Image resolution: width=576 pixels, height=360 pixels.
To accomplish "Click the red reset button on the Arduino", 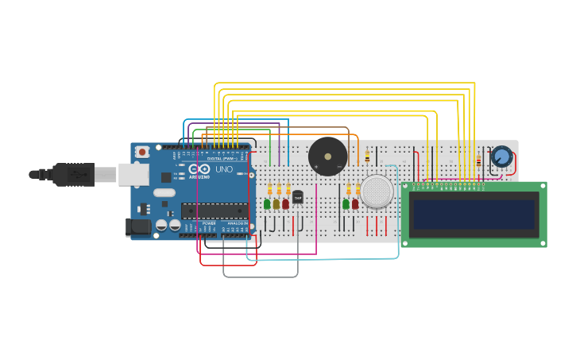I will tap(142, 151).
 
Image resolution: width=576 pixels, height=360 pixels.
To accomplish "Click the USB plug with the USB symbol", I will tap(74, 174).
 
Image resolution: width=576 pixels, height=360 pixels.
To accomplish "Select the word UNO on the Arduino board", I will tap(224, 169).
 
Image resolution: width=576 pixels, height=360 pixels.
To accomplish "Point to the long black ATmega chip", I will tap(214, 211).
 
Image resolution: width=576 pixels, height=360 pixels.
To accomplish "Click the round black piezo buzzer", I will tap(327, 156).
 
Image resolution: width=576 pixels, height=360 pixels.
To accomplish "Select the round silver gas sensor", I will tap(377, 192).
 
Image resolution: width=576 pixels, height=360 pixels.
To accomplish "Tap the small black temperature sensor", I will tap(298, 197).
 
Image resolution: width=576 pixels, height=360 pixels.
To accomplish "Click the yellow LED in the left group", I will tap(276, 204).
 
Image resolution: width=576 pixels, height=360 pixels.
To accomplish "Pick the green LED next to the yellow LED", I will tap(267, 204).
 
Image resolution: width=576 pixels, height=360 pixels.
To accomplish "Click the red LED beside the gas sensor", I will tap(355, 204).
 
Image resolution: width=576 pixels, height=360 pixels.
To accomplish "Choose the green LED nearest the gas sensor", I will tap(346, 204).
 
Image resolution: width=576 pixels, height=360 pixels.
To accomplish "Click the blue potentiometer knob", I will tap(501, 157).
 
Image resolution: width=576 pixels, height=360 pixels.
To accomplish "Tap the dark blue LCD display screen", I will tap(474, 214).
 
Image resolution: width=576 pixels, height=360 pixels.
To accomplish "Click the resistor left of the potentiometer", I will tap(478, 162).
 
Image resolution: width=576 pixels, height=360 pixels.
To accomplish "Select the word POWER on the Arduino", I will tap(208, 224).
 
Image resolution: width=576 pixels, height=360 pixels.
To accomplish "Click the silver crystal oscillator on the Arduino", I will tap(164, 192).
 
